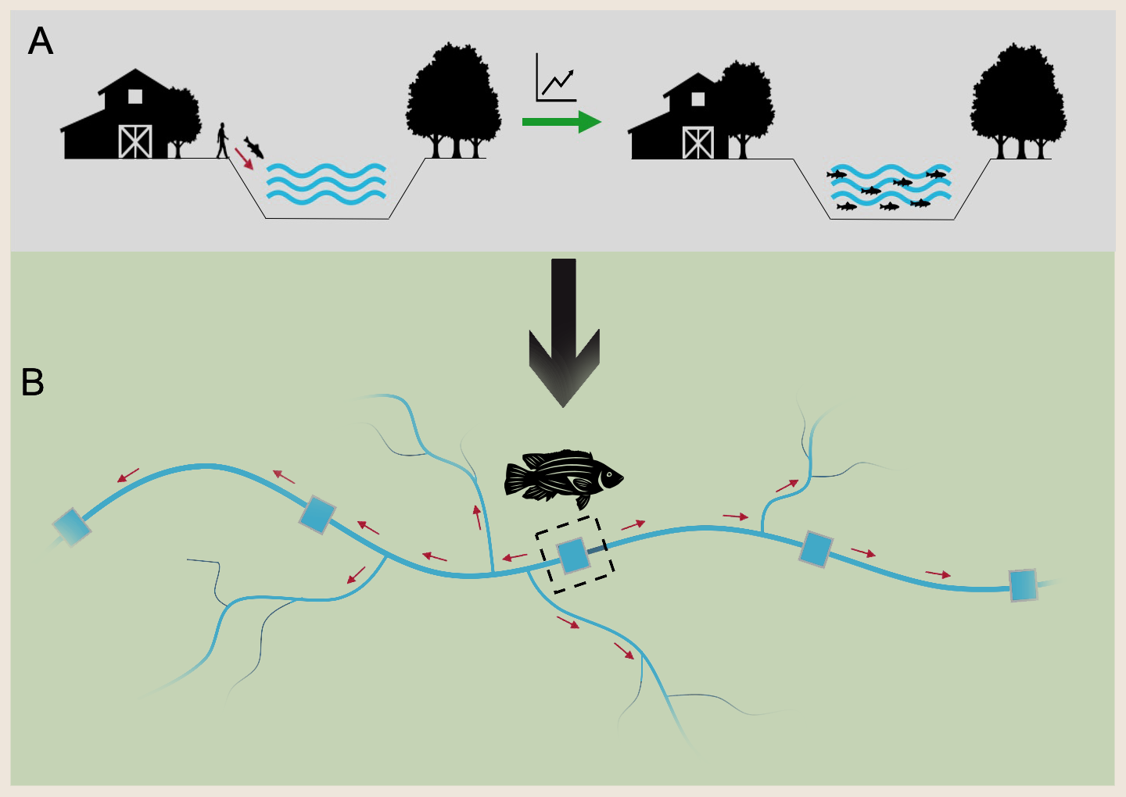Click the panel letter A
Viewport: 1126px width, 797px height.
click(x=41, y=41)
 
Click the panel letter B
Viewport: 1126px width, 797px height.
click(x=33, y=382)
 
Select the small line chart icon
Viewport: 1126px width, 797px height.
click(x=556, y=78)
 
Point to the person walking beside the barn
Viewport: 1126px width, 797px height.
click(x=223, y=140)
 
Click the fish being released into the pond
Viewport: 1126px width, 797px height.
click(x=254, y=146)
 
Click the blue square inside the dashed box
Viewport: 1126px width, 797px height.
click(x=573, y=556)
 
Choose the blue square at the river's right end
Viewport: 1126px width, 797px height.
click(x=1023, y=585)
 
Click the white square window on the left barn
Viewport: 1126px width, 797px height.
click(x=135, y=96)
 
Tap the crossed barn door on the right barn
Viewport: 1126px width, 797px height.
click(x=697, y=143)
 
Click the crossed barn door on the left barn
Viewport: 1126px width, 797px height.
click(x=134, y=141)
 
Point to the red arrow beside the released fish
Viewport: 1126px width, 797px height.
click(x=244, y=159)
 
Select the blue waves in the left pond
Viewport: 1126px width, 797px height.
click(x=326, y=184)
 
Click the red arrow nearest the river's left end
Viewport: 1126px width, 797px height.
click(x=128, y=475)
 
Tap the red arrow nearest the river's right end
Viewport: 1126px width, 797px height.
click(x=938, y=574)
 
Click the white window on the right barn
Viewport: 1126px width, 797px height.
click(x=698, y=99)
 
